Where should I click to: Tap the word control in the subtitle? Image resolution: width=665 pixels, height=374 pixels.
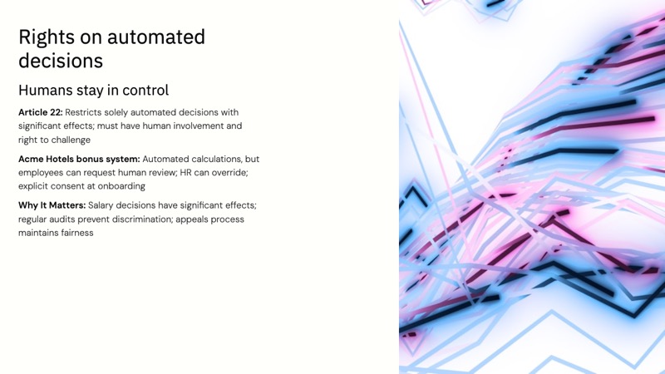[144, 91]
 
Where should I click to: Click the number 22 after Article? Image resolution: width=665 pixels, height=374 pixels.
[56, 112]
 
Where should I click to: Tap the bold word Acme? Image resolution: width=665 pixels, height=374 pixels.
[32, 159]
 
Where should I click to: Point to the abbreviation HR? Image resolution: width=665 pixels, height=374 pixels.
[187, 173]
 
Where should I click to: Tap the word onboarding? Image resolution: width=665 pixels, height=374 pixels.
[119, 186]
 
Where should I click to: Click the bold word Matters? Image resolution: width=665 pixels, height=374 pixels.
[66, 205]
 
